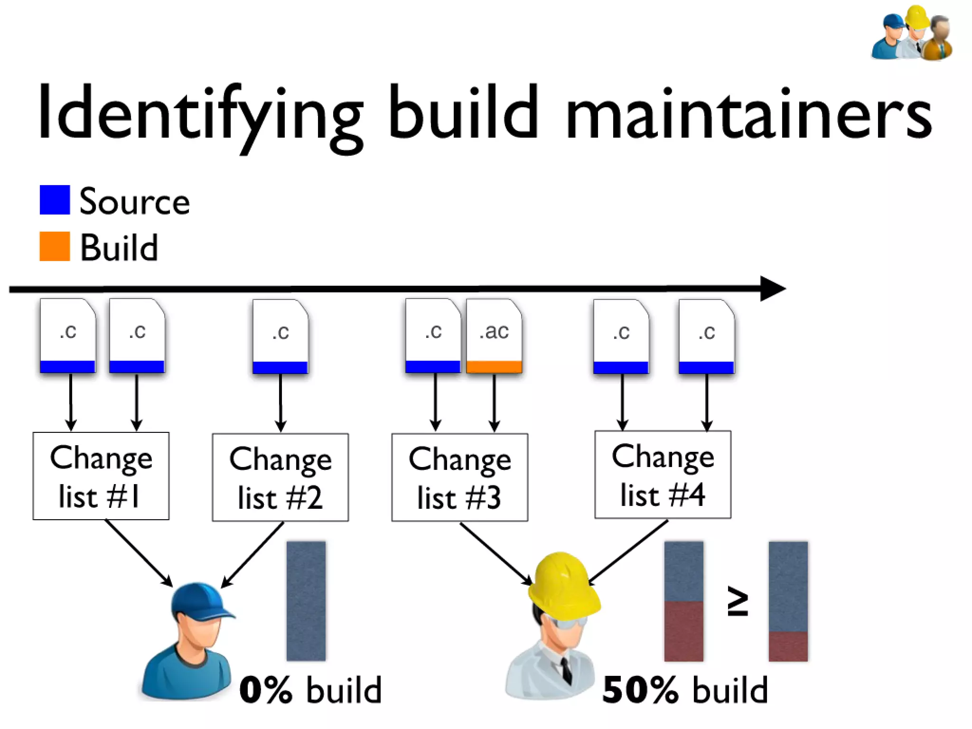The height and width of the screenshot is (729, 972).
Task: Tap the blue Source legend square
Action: point(55,200)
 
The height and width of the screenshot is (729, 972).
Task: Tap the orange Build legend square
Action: point(55,246)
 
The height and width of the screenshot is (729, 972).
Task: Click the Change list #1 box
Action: point(101,476)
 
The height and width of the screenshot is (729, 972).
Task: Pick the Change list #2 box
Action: point(280,477)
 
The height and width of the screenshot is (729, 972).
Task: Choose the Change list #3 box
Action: point(459,477)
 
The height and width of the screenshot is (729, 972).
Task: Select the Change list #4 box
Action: point(663,475)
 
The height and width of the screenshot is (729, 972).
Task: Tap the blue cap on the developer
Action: point(199,601)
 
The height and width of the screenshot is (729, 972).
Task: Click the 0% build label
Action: point(310,690)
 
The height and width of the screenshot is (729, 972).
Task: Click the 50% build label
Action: point(684,690)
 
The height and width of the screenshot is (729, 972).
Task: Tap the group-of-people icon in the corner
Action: point(912,33)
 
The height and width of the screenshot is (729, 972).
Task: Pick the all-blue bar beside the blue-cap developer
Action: point(306,601)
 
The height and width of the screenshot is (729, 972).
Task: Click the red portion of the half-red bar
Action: point(683,631)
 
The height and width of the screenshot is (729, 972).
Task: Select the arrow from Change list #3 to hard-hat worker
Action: point(496,553)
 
